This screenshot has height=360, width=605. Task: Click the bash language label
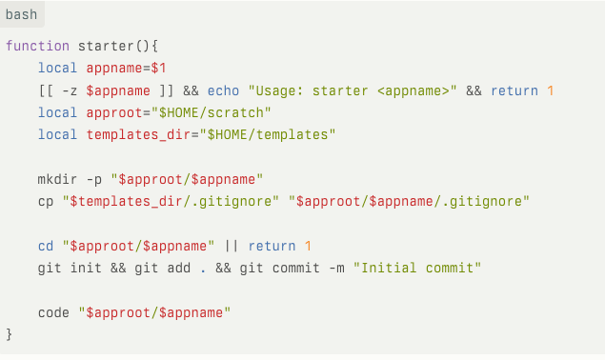tap(22, 15)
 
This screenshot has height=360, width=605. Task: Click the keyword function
tap(37, 46)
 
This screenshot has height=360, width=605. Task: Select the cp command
tap(46, 201)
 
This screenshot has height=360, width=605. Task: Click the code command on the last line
tap(53, 312)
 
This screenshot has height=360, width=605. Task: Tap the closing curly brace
tap(10, 334)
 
